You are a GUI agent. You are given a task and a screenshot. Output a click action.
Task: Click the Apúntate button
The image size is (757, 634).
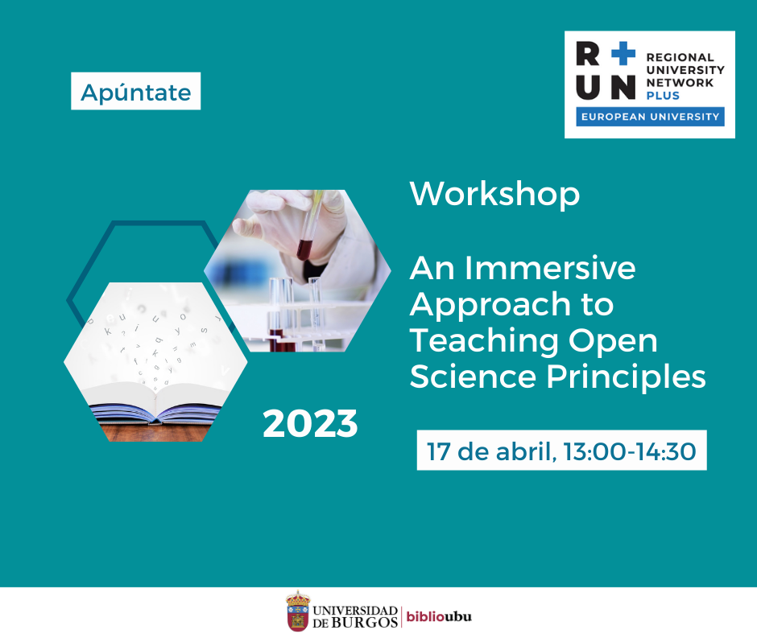[135, 91]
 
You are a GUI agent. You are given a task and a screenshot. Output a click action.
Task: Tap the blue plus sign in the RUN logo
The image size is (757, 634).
[623, 53]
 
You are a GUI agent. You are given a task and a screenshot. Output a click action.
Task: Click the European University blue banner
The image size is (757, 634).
[650, 117]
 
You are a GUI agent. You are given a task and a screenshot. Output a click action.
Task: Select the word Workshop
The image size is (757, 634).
[494, 194]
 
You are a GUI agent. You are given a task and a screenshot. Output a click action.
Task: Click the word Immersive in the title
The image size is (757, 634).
[550, 268]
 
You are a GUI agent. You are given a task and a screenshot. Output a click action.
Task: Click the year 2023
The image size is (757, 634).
[310, 424]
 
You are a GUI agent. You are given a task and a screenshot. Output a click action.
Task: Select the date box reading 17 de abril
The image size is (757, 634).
[561, 451]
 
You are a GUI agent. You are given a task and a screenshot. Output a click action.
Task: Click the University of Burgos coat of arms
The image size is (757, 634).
[298, 611]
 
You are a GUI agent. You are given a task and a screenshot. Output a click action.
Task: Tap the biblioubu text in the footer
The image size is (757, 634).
[439, 616]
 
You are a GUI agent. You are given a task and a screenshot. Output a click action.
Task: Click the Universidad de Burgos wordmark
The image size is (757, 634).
[355, 616]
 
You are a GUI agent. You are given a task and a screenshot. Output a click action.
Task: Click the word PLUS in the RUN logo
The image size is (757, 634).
[663, 96]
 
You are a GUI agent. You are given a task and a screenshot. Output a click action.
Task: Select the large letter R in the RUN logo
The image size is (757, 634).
[588, 53]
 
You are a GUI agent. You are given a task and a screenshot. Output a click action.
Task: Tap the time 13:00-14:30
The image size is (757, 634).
[630, 451]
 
